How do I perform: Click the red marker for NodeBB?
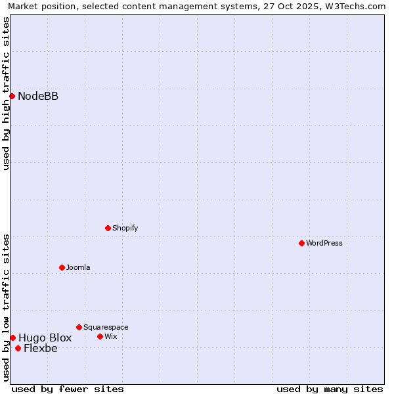pos(12,97)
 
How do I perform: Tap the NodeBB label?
pos(38,97)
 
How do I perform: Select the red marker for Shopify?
pos(108,228)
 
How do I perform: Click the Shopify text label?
pos(125,228)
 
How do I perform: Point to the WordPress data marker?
pos(301,243)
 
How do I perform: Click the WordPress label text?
pos(324,243)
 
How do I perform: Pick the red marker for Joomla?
pos(62,267)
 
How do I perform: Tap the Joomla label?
pos(78,267)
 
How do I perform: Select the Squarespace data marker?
pos(79,327)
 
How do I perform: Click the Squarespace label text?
pos(106,327)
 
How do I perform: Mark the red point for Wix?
pos(100,336)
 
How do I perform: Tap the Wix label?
pos(111,336)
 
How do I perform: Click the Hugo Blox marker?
pos(12,338)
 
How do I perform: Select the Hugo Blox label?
pos(45,338)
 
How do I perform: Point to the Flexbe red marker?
pos(18,348)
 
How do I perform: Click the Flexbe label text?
pos(41,348)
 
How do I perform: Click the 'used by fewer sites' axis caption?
pos(68,389)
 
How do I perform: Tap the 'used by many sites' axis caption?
pos(330,389)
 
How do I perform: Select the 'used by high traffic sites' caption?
pos(7,93)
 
